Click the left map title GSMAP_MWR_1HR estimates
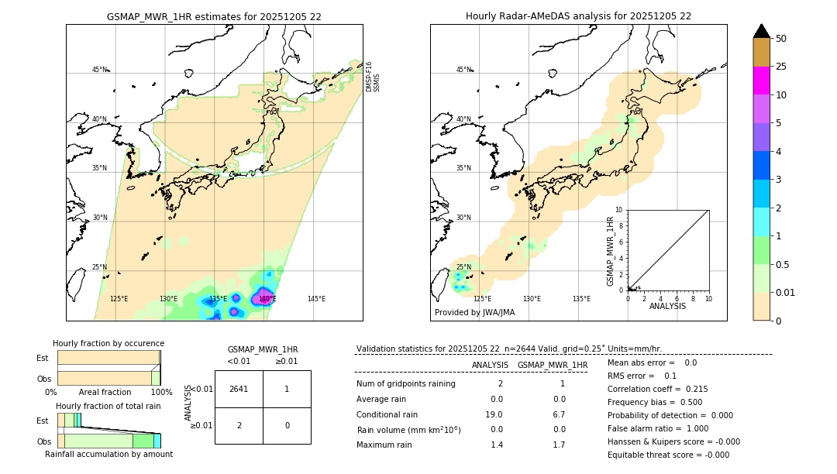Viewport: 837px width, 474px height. [214, 16]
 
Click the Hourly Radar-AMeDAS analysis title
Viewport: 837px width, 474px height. [578, 16]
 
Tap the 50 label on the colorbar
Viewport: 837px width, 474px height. [781, 39]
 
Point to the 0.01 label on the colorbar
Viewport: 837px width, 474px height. [786, 292]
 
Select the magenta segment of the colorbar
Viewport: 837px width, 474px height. [761, 81]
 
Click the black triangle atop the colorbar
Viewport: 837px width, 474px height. [761, 31]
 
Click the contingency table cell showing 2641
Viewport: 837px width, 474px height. [239, 390]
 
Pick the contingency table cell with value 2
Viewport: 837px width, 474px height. [239, 425]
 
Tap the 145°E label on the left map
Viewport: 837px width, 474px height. [316, 299]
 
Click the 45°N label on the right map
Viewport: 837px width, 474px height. [463, 70]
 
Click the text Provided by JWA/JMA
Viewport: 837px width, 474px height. [474, 313]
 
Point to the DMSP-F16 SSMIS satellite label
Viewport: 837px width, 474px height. [372, 77]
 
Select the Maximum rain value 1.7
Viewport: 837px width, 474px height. [559, 445]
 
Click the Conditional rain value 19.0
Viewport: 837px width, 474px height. [496, 414]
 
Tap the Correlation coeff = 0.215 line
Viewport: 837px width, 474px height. [657, 389]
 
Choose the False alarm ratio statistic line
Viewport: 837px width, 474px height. [658, 428]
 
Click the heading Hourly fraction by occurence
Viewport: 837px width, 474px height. [108, 343]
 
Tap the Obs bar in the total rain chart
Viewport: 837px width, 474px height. [108, 441]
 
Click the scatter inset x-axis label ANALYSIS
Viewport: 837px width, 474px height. [668, 306]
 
